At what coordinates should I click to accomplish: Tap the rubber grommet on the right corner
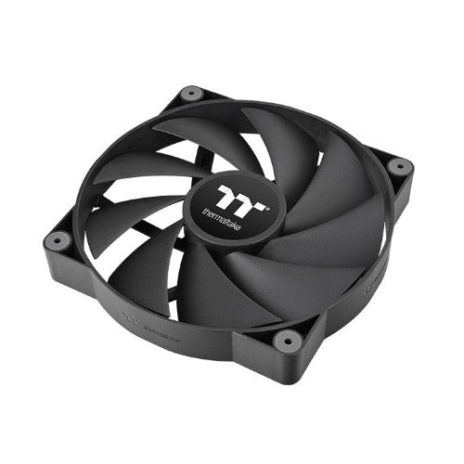398,167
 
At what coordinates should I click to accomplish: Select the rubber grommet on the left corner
55,240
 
